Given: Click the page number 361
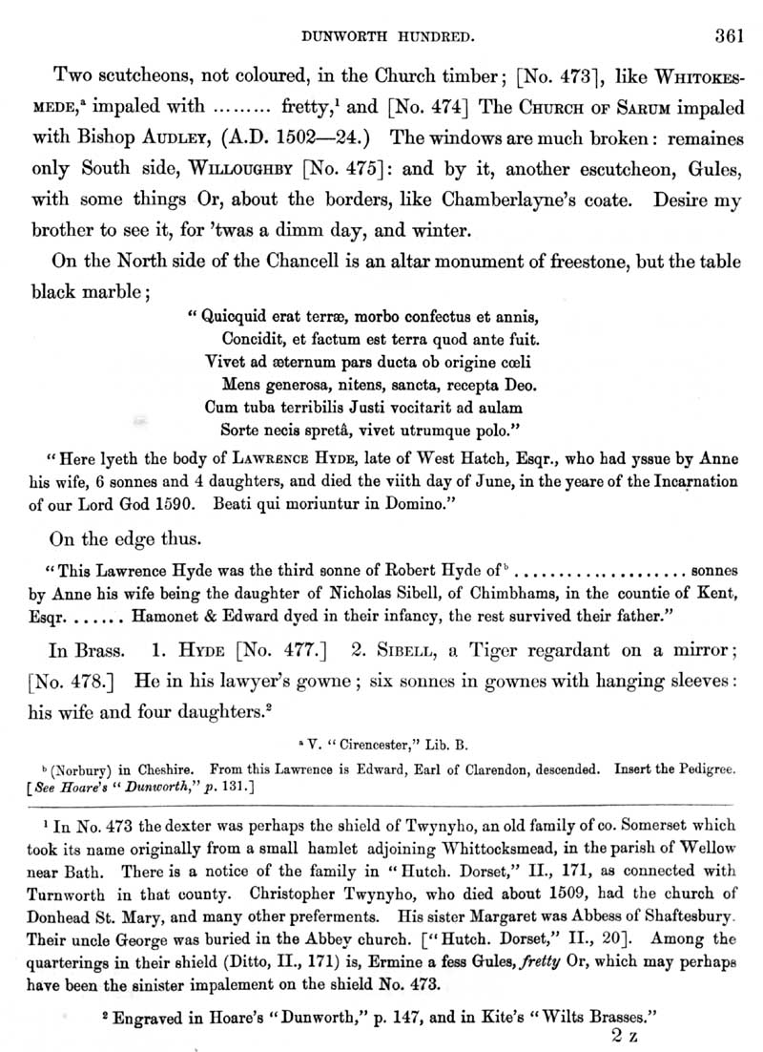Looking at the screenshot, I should [x=727, y=37].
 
